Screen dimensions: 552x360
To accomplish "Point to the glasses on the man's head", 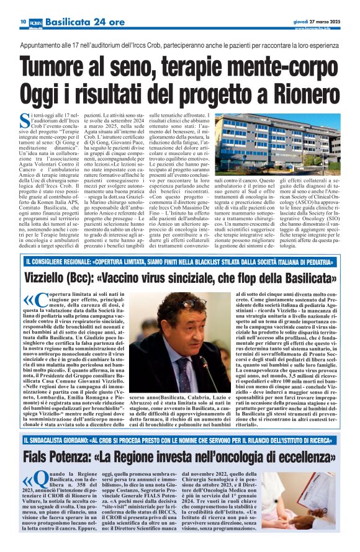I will pos(194,303).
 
